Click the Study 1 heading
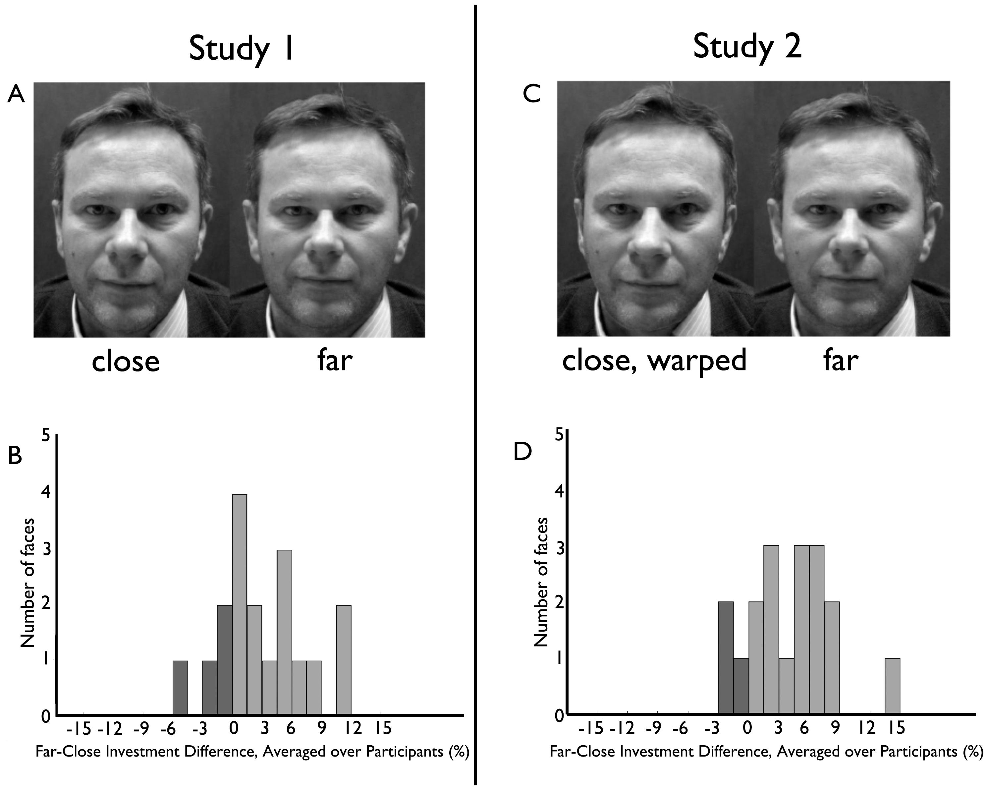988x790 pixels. pyautogui.click(x=241, y=49)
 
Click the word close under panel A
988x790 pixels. pyautogui.click(x=126, y=362)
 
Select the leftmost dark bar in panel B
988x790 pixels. pyautogui.click(x=180, y=687)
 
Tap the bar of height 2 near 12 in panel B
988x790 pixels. pyautogui.click(x=344, y=660)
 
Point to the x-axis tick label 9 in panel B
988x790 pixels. pyautogui.click(x=322, y=728)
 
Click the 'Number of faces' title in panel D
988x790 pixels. pyautogui.click(x=542, y=582)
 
